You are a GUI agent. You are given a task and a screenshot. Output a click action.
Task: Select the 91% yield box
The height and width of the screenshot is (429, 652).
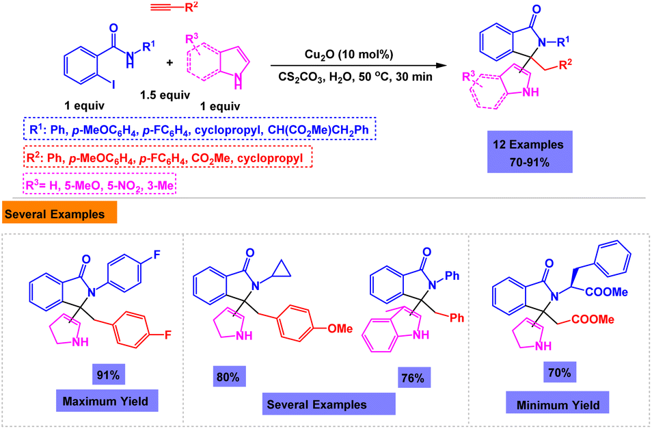pyautogui.click(x=108, y=375)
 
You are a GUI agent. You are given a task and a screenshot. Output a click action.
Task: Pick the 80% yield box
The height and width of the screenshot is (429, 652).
pyautogui.click(x=228, y=377)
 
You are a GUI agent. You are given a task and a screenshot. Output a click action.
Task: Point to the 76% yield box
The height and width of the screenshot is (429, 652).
pyautogui.click(x=413, y=378)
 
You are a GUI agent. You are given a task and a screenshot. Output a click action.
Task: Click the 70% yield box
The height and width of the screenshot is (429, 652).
pyautogui.click(x=560, y=372)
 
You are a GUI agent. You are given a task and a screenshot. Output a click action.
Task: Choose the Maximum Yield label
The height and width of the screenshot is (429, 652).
pyautogui.click(x=106, y=401)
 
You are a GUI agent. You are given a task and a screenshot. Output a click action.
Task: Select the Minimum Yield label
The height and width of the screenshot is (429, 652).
pyautogui.click(x=558, y=403)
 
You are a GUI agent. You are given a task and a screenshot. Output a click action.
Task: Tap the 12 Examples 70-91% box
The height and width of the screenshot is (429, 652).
pyautogui.click(x=529, y=152)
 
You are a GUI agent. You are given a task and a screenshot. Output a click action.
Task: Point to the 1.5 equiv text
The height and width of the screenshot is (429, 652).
pyautogui.click(x=165, y=95)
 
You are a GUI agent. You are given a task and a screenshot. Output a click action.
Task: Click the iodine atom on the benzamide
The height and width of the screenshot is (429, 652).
pyautogui.click(x=113, y=84)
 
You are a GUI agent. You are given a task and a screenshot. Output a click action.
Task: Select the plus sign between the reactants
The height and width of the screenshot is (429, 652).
pyautogui.click(x=169, y=63)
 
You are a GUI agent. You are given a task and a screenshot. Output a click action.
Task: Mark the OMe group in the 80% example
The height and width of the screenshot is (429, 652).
pyautogui.click(x=340, y=328)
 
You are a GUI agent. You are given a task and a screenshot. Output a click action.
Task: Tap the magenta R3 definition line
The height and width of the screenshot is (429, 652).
pyautogui.click(x=100, y=185)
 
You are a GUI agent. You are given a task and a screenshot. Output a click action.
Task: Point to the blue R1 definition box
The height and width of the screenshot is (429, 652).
pyautogui.click(x=199, y=129)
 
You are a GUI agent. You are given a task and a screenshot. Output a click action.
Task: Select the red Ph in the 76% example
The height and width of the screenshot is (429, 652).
pyautogui.click(x=457, y=318)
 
